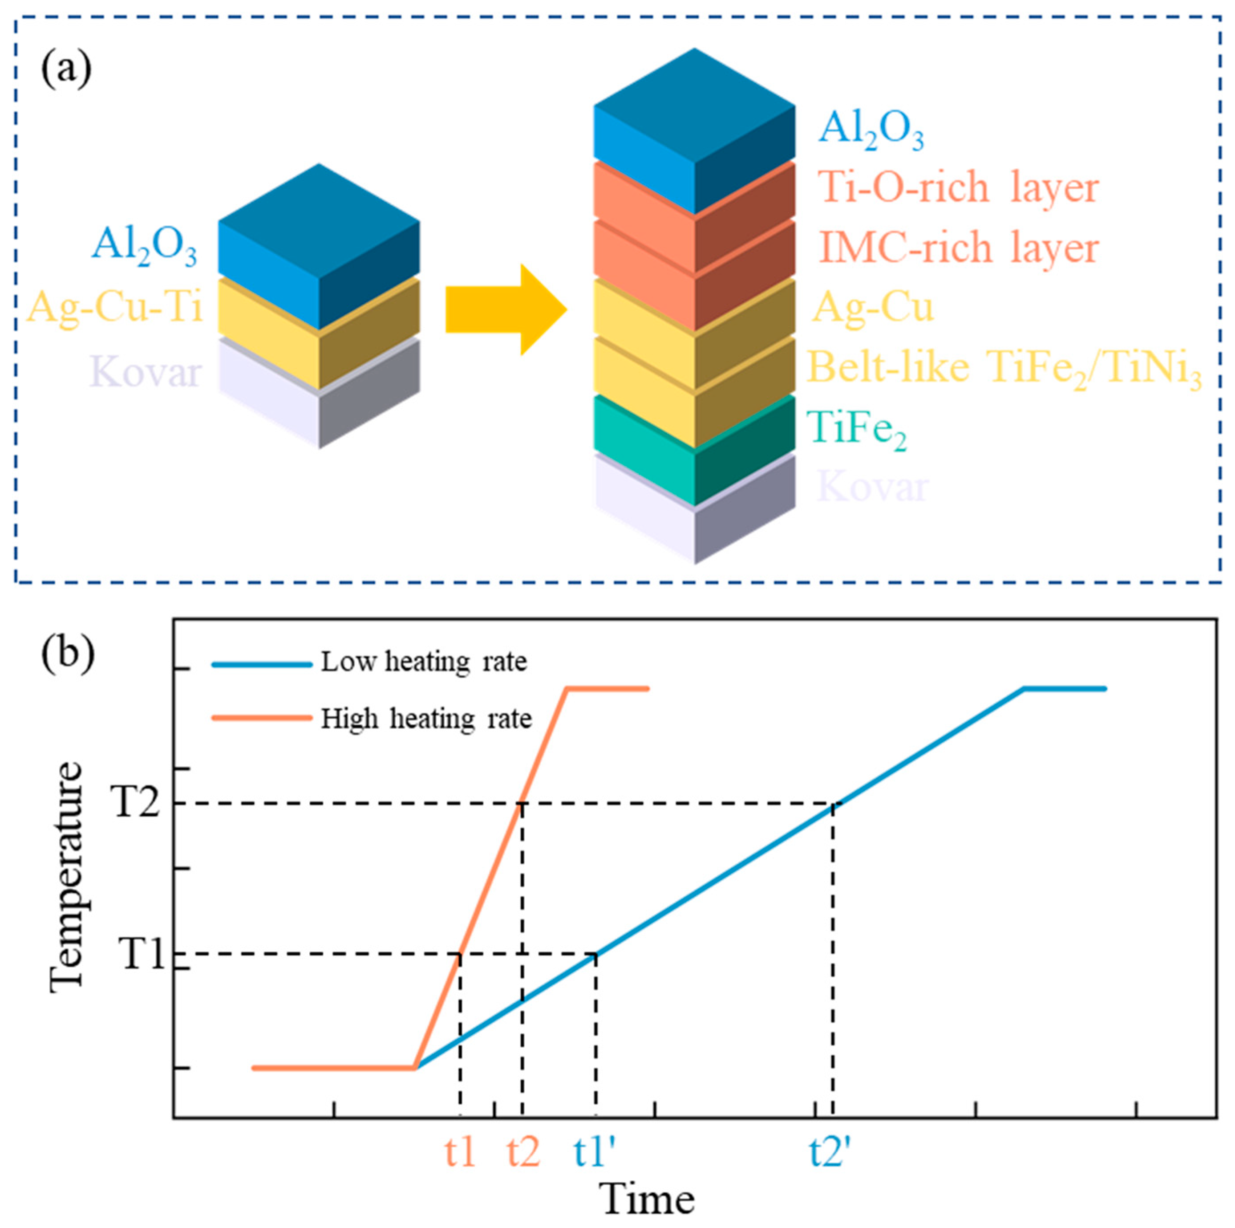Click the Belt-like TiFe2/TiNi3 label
(1004, 370)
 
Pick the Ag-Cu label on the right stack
(873, 308)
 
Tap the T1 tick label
(142, 954)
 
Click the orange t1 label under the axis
(460, 1151)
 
